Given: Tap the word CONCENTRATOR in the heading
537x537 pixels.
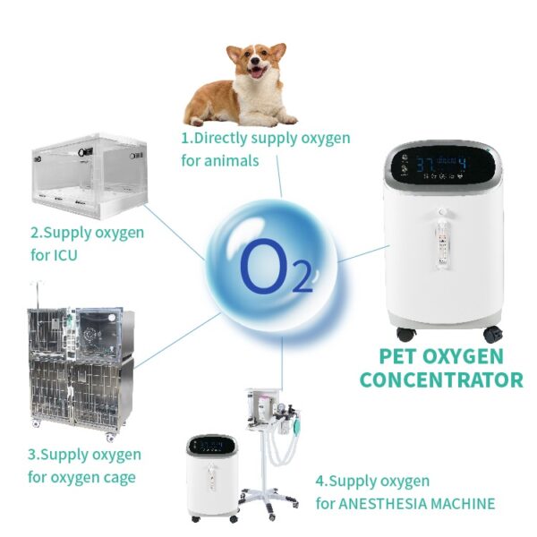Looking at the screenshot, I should pyautogui.click(x=441, y=379).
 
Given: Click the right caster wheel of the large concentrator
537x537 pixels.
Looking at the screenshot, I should pyautogui.click(x=492, y=334).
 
